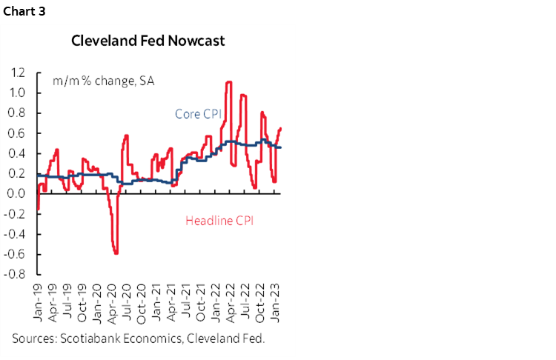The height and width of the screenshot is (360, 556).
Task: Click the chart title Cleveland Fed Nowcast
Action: pos(148,41)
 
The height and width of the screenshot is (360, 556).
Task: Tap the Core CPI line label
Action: pos(199,114)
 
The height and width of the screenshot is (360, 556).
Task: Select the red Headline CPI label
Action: pos(221,220)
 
